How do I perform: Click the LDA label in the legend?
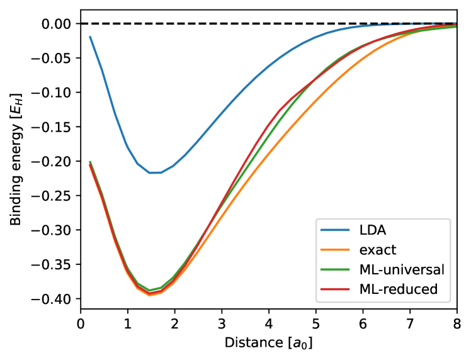click(372, 230)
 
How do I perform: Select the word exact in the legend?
click(378, 250)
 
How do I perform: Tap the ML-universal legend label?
click(402, 269)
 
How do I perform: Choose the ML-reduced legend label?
click(398, 290)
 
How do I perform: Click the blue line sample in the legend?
click(335, 230)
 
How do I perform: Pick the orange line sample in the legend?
click(335, 250)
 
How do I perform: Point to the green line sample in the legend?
click(335, 269)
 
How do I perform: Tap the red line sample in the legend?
click(335, 290)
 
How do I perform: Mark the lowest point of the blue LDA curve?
click(155, 172)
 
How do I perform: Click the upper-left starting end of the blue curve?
click(90, 37)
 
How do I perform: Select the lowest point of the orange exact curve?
click(149, 294)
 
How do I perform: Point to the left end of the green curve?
click(90, 162)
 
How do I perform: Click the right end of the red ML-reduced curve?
click(455, 26)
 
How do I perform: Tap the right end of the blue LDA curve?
click(455, 23)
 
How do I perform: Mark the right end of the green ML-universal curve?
click(455, 27)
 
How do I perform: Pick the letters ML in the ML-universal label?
click(368, 269)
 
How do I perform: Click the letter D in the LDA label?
click(372, 230)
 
